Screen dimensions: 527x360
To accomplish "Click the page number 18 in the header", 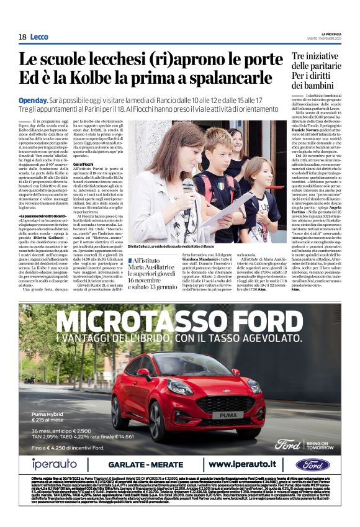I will point(22,37).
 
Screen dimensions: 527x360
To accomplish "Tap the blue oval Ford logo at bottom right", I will point(313,464).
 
